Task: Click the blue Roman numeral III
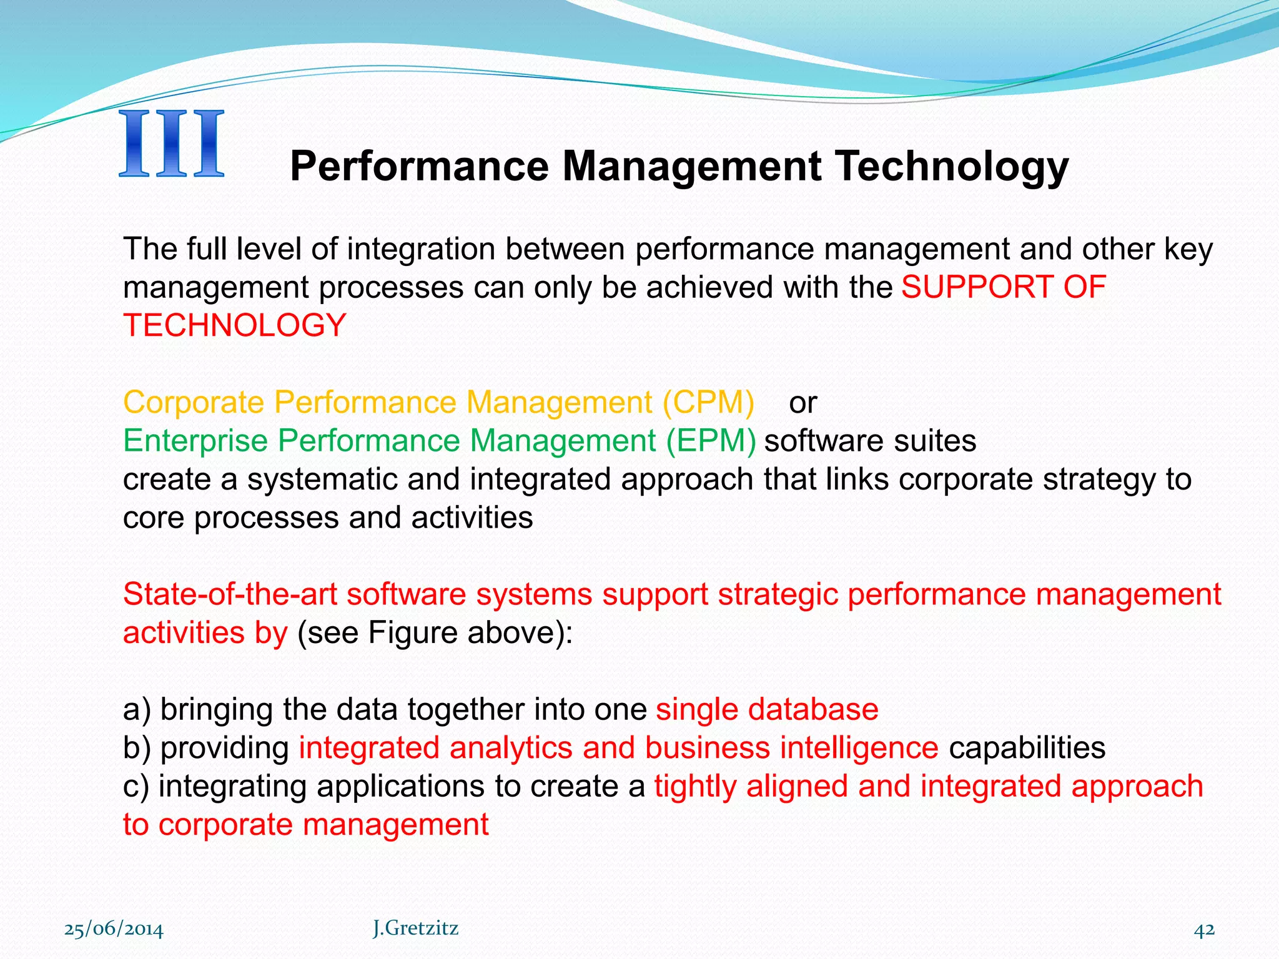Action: (x=171, y=144)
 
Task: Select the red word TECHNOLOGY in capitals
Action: (x=234, y=325)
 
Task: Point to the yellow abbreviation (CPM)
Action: (x=708, y=402)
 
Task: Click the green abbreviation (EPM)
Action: (x=711, y=441)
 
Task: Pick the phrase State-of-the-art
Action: (x=230, y=594)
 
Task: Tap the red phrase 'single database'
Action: (x=767, y=710)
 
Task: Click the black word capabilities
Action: (x=1027, y=748)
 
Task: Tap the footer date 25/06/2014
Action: (x=114, y=930)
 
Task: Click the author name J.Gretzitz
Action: (x=415, y=928)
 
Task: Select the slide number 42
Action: (x=1204, y=930)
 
